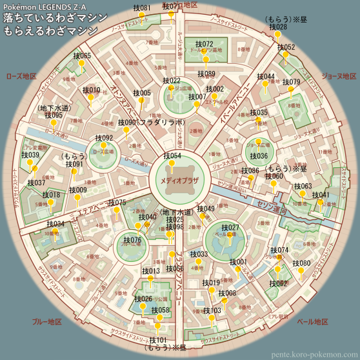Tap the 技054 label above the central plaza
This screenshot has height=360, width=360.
coord(172,156)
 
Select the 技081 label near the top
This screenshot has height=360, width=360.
coord(142,8)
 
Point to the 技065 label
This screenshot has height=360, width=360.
coord(82,56)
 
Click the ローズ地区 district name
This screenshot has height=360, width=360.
coord(21,76)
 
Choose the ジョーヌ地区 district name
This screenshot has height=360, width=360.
coord(338,76)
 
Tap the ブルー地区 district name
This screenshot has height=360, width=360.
coord(46,321)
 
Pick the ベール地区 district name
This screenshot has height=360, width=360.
coord(314,321)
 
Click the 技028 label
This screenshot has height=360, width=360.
coord(277,27)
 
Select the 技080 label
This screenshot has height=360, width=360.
coord(301,263)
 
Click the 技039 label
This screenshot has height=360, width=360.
coord(30,155)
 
